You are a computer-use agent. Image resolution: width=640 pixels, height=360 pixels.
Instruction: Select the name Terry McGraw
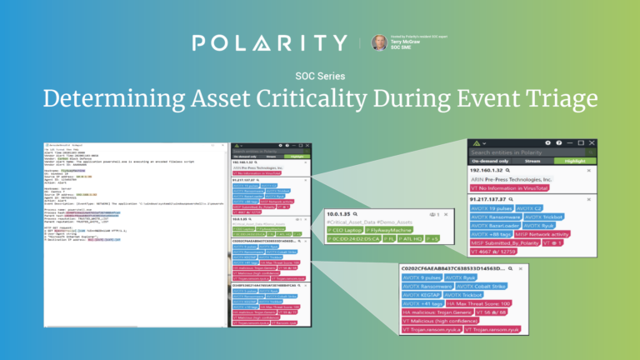point(406,42)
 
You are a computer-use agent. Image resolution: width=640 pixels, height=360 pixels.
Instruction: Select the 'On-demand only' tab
point(498,163)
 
